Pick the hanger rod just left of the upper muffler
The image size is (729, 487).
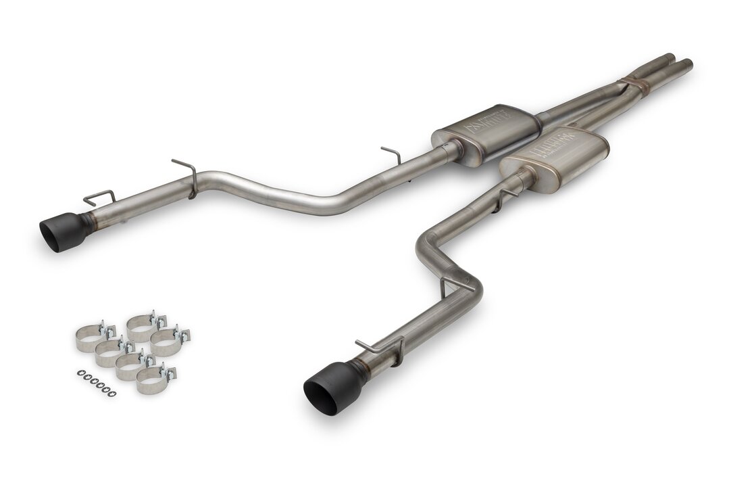[393, 154]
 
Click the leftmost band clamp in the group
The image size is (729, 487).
[89, 338]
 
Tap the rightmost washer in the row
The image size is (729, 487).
[112, 394]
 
